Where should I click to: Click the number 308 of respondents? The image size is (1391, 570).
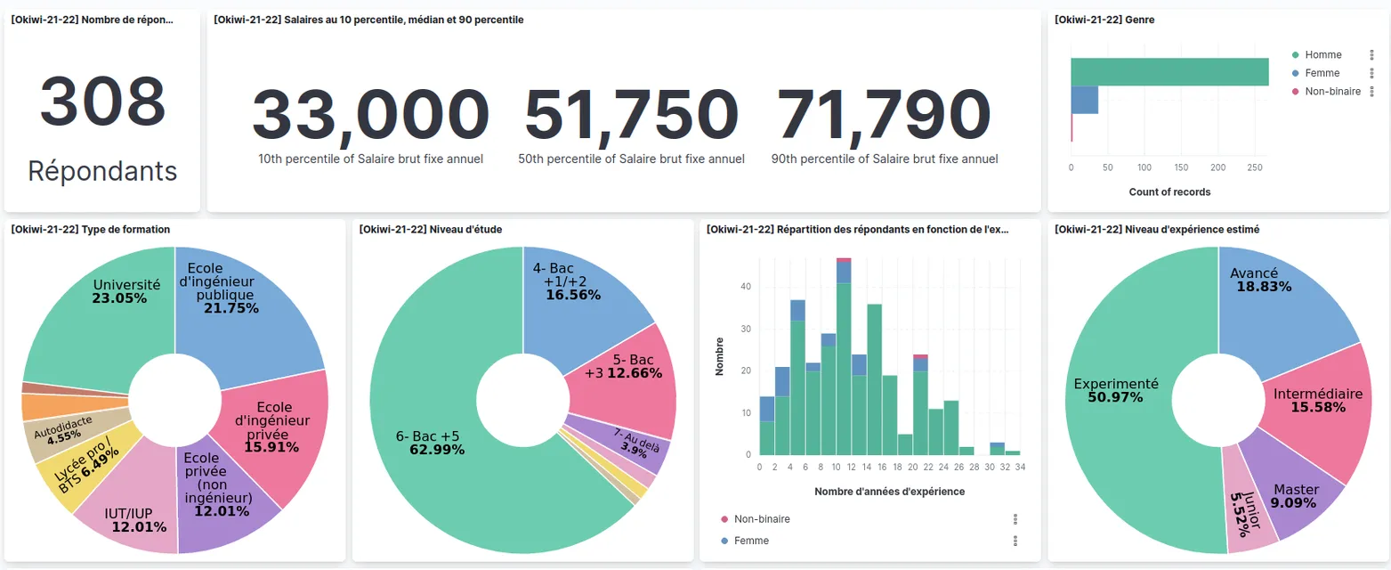(102, 101)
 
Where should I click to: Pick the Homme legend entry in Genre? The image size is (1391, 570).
(1322, 55)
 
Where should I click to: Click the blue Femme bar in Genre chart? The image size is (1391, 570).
(1084, 101)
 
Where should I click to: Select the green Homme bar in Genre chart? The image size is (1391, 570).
(1169, 72)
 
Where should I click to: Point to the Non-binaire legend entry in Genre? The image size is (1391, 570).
(1332, 92)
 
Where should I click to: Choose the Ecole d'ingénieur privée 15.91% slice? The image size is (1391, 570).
(271, 427)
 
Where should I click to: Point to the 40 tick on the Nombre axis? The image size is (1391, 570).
(746, 287)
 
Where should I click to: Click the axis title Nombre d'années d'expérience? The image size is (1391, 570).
(889, 492)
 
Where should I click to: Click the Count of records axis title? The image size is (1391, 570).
(1169, 192)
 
